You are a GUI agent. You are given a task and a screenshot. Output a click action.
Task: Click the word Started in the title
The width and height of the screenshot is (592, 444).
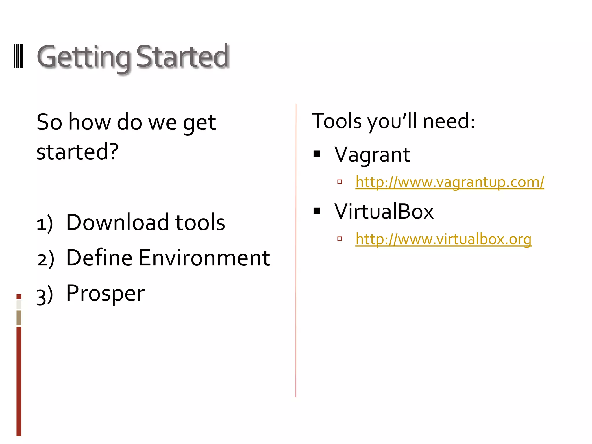[182, 56]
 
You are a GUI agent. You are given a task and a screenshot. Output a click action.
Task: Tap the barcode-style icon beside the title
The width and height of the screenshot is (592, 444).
[19, 56]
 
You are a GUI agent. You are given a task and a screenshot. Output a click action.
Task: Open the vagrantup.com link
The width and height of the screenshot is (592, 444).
[449, 182]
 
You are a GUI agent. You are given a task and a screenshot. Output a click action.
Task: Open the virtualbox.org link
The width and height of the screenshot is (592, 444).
[443, 239]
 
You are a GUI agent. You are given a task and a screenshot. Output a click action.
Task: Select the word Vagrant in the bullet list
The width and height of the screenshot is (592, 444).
[372, 155]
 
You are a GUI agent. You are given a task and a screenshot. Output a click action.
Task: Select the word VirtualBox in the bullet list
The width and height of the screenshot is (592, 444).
[384, 212]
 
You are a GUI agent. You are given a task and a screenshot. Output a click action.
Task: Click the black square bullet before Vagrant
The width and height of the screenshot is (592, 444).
[317, 154]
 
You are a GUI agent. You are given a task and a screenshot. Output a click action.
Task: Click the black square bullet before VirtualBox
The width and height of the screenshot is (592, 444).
[317, 211]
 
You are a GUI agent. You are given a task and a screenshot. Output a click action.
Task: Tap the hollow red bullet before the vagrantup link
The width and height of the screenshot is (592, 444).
[340, 182]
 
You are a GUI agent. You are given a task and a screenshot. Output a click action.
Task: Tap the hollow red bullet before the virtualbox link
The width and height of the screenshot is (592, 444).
[340, 239]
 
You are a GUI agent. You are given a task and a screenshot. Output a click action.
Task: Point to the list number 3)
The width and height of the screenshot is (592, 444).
[45, 295]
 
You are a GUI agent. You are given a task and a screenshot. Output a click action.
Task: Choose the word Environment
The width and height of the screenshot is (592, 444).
[204, 258]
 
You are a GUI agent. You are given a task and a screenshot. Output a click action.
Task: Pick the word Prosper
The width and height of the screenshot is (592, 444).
[105, 294]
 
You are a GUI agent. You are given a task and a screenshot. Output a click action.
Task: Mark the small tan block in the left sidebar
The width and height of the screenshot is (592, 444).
[19, 318]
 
